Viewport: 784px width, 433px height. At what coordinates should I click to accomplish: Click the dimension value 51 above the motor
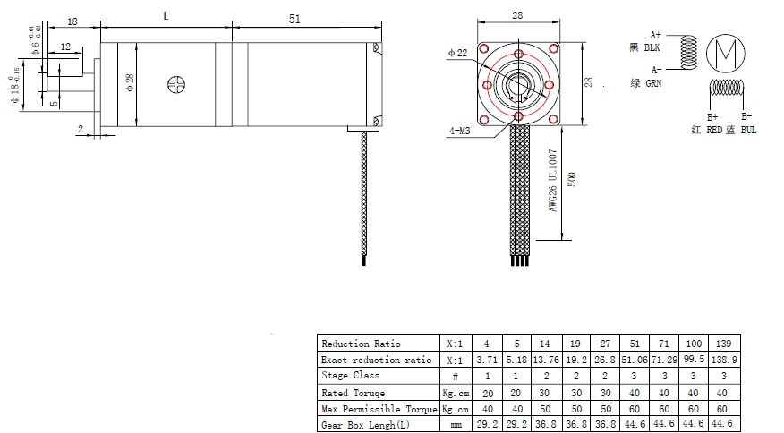point(295,18)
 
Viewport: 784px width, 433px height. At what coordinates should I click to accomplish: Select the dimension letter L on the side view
point(166,16)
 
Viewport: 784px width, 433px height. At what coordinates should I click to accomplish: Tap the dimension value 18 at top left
point(72,20)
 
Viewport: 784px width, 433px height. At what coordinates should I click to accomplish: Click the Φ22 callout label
point(457,54)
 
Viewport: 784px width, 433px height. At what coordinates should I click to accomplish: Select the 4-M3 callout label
point(463,131)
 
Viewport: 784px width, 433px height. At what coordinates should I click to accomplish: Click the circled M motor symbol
point(725,54)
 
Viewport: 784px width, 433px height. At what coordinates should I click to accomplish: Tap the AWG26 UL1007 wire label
point(553,180)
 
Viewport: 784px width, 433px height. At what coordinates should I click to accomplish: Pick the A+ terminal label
point(656,33)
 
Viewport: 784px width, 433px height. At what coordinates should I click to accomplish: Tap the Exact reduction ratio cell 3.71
point(486,360)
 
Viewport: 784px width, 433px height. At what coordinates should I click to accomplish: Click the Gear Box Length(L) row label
point(366,426)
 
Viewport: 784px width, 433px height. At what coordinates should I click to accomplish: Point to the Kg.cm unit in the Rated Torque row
point(455,393)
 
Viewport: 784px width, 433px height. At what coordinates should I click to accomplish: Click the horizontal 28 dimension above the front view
point(518,15)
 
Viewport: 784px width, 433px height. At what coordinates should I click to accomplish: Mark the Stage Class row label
point(350,376)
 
